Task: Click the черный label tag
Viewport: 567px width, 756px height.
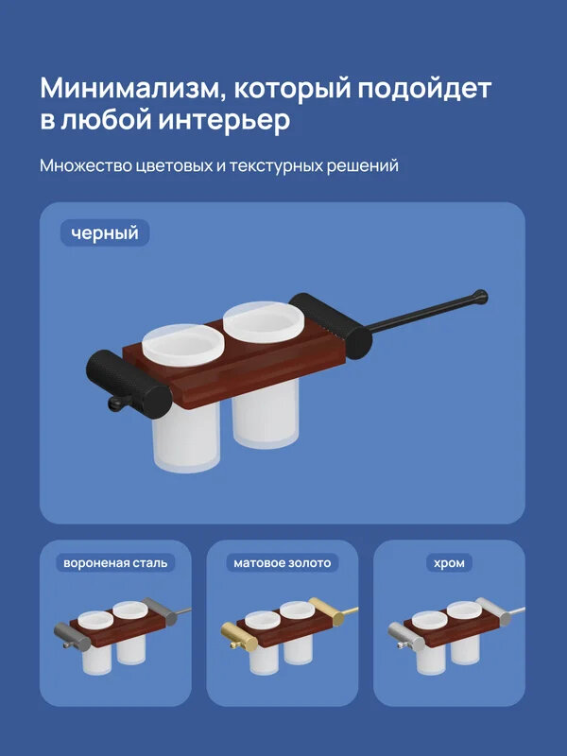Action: point(105,232)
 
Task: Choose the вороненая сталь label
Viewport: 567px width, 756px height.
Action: point(114,563)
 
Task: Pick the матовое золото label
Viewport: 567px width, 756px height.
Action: point(283,563)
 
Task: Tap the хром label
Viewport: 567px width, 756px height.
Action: point(449,563)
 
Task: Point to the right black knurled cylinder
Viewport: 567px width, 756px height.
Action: point(327,324)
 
